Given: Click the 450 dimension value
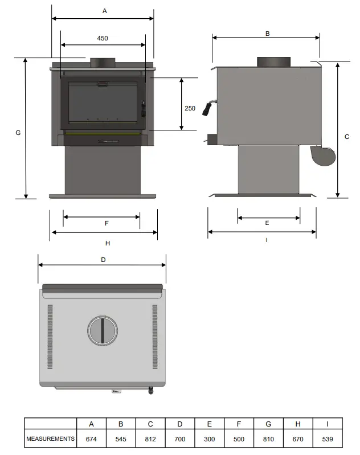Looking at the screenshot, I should [103, 39].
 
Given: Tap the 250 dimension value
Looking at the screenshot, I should [190, 108].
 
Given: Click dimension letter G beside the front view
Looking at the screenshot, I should [18, 133].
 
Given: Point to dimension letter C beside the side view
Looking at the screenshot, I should [347, 137].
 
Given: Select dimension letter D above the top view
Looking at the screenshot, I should [103, 260].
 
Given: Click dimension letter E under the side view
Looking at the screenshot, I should [267, 223].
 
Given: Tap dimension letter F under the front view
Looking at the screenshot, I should [107, 223].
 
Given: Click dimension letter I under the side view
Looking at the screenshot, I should [267, 240].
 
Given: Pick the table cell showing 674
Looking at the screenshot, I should [92, 439].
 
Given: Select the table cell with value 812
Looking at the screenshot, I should [150, 439].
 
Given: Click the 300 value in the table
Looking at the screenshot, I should [209, 439].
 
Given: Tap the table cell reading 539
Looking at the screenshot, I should [328, 439].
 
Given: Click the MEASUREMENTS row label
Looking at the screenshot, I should [51, 439].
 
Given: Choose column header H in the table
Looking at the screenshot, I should [298, 424].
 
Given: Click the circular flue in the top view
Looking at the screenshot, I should [103, 330].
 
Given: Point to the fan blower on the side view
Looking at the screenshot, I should [322, 155].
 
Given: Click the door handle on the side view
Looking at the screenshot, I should [211, 106].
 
